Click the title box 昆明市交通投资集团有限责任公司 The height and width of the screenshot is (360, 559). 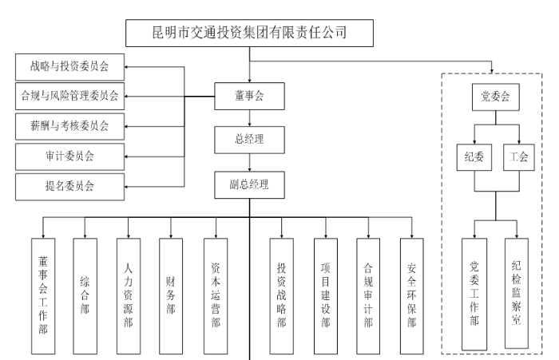(250, 33)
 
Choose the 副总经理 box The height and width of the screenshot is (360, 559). (250, 184)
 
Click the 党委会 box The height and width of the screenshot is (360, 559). (495, 97)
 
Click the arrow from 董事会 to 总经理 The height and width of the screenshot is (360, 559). (250, 119)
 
